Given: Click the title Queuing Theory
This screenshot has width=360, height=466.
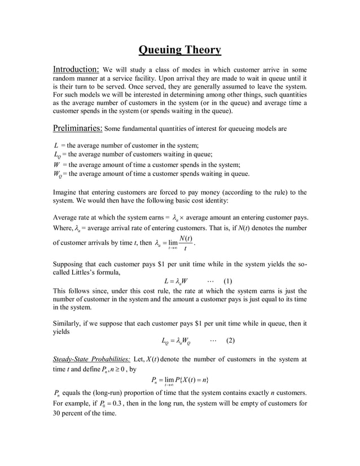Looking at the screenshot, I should [180, 50].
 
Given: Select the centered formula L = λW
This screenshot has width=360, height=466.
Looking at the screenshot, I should [175, 280].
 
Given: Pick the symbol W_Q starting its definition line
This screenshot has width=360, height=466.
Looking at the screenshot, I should [58, 174].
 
